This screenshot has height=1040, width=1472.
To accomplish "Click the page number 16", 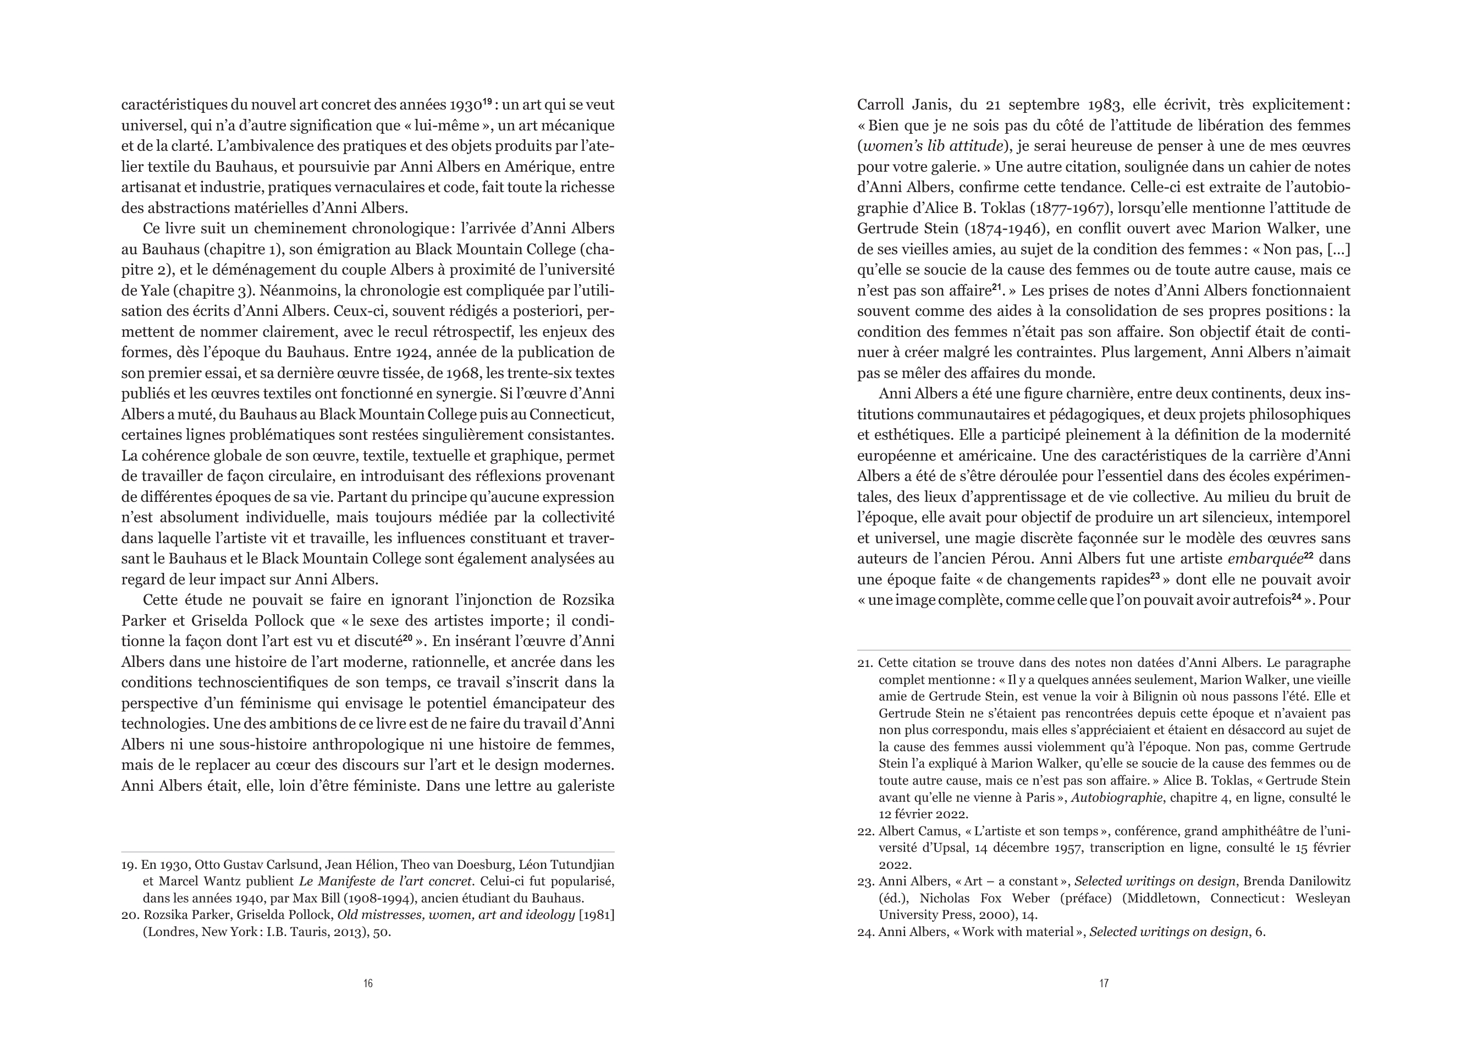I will pos(368,983).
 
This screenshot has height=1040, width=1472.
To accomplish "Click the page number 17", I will pos(1104,983).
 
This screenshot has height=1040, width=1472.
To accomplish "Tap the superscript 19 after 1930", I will pos(487,101).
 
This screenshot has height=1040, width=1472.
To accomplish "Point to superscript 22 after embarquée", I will pos(1309,556).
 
